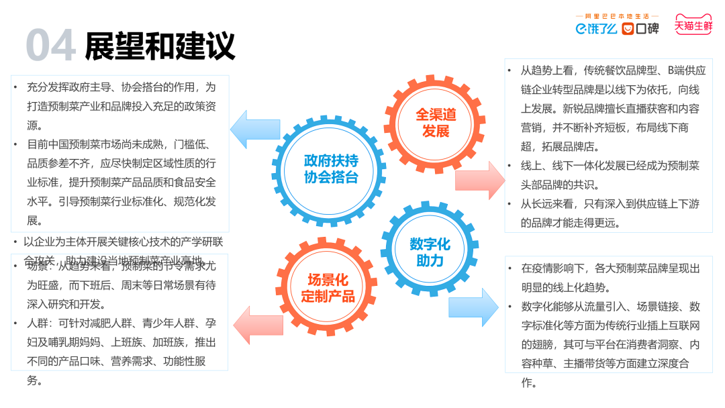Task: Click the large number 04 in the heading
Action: pos(50,45)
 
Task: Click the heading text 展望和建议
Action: pos(160,45)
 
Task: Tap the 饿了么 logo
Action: pos(596,28)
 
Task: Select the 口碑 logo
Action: pos(640,28)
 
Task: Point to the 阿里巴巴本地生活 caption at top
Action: pos(617,15)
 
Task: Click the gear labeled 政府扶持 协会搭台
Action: pos(330,169)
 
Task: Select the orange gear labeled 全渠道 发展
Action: pos(435,123)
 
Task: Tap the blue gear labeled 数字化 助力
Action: pos(430,252)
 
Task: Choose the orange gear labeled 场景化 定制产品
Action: pos(327,287)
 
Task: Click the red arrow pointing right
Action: pos(479,181)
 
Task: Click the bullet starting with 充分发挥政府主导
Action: pos(121,106)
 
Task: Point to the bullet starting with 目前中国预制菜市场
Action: pos(121,182)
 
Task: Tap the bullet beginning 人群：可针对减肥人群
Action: pos(121,351)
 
